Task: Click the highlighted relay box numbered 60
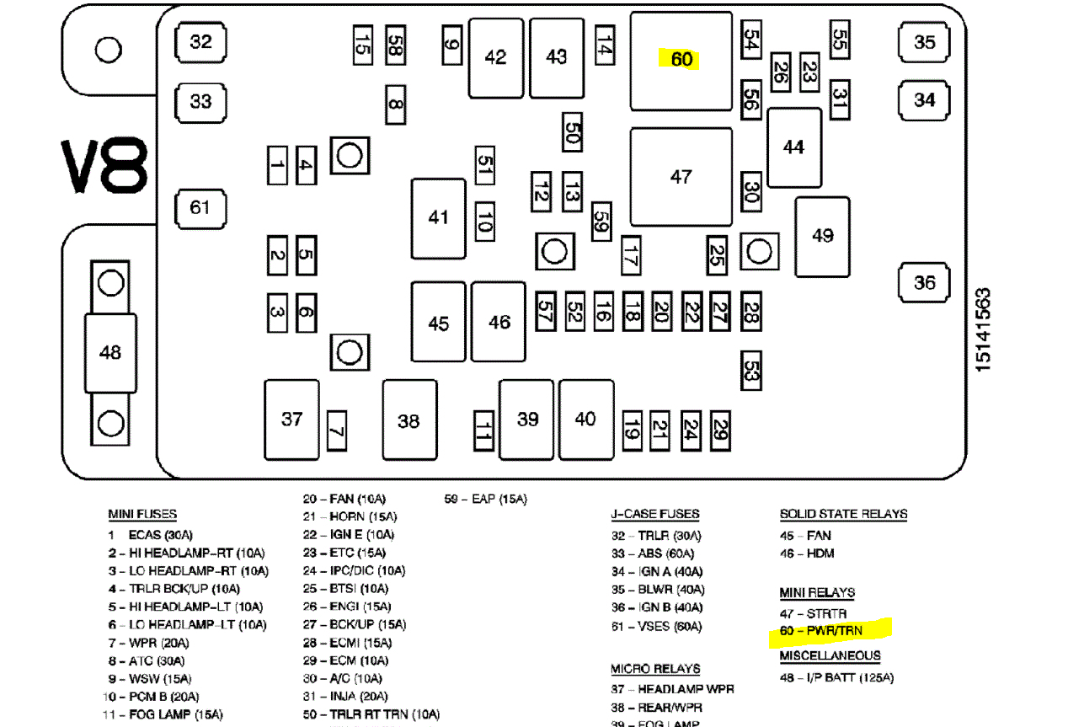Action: tap(681, 61)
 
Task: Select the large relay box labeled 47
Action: tap(681, 177)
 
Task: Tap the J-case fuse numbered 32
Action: tap(201, 41)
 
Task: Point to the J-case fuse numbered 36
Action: tap(925, 282)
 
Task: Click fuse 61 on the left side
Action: tap(200, 206)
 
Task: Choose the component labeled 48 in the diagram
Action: tap(110, 352)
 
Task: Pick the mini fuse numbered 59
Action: tap(601, 222)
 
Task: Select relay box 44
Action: tap(794, 147)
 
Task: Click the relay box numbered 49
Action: tap(823, 236)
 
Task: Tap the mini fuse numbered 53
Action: tap(751, 370)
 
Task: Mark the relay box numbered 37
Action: tap(292, 420)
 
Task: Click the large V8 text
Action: tap(104, 167)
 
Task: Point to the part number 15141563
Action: tap(983, 329)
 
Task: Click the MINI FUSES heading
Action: tap(142, 515)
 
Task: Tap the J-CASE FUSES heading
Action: tap(655, 515)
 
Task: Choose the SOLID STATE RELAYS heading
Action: tap(843, 514)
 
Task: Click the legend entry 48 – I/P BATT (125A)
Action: tap(836, 677)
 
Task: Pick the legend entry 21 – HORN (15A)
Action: tap(350, 516)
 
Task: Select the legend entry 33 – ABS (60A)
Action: tap(654, 553)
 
